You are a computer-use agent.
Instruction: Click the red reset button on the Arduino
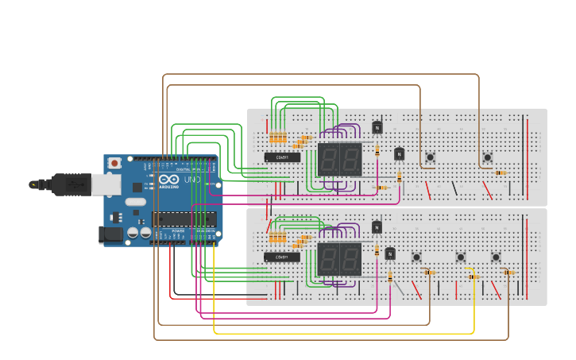(115, 163)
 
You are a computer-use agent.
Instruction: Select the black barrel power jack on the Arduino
(111, 234)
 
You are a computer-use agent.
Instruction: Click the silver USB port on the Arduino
(106, 184)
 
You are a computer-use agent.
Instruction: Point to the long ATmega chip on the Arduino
(184, 219)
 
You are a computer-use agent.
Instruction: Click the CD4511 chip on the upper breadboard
(282, 157)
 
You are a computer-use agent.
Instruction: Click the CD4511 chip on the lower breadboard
(282, 257)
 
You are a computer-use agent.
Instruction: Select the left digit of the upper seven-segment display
(329, 159)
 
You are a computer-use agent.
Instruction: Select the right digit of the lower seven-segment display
(350, 258)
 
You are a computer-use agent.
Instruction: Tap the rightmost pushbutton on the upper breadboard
(487, 157)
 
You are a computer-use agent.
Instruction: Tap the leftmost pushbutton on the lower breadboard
(416, 257)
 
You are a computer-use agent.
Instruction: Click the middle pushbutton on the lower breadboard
(460, 257)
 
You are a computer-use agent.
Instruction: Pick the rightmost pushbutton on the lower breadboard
(496, 257)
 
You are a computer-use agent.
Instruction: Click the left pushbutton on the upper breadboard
(430, 157)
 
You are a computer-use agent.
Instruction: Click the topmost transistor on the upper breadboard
(377, 127)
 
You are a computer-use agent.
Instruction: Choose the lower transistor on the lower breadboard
(389, 254)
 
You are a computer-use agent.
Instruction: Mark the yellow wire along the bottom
(342, 333)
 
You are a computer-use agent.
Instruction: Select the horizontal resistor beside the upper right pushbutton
(501, 172)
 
